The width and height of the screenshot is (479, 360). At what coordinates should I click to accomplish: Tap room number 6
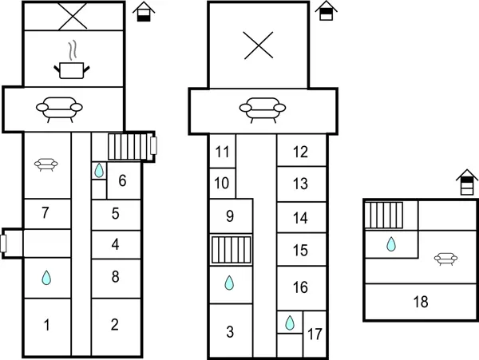coord(122,180)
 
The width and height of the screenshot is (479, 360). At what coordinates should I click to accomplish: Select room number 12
coord(300,152)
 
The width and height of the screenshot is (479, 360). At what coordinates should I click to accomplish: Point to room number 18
coord(421,302)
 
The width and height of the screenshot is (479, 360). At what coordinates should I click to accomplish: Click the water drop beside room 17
coord(290,322)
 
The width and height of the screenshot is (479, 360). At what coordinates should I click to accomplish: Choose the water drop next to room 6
coord(99,170)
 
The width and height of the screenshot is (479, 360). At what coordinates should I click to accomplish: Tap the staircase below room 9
coord(232,250)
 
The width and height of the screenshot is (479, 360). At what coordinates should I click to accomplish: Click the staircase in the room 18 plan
coord(384,215)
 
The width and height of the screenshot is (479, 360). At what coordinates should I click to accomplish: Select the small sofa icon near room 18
coord(445,259)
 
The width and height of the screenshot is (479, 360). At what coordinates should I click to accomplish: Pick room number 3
coord(230,331)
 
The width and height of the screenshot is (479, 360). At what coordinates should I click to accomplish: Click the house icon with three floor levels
coord(467,182)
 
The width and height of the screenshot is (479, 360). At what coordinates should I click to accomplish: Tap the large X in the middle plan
coord(259,45)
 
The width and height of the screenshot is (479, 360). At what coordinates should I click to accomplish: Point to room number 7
coord(46,213)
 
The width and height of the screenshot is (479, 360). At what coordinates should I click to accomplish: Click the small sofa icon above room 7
coord(46,164)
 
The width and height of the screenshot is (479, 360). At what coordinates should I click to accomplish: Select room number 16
coord(300,287)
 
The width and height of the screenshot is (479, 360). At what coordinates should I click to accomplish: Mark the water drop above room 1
coord(46,278)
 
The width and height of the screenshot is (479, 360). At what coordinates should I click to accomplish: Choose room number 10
coord(221,184)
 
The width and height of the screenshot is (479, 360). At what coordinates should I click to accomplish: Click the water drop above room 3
coord(229,283)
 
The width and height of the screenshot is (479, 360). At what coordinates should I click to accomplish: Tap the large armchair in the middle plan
coord(263,110)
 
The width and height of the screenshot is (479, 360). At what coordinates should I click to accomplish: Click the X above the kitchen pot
coord(73,16)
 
